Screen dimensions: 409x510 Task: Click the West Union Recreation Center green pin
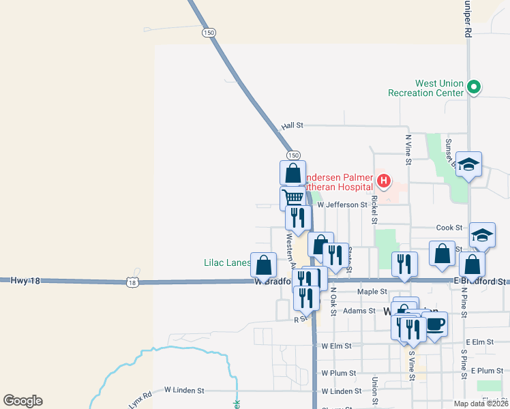[x=476, y=87]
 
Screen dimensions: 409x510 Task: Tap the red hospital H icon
[x=384, y=181]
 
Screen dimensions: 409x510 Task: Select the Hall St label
[x=291, y=126]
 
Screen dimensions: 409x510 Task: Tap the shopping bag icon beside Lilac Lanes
[x=264, y=264]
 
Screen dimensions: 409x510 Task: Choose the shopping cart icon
[x=292, y=198]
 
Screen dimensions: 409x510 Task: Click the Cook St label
[x=449, y=228]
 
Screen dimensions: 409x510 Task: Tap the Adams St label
[x=359, y=311]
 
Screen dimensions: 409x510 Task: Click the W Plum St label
[x=339, y=373]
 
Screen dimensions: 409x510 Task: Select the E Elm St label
[x=479, y=342]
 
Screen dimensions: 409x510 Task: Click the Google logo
[x=22, y=401]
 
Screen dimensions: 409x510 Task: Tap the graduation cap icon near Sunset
[x=469, y=164]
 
